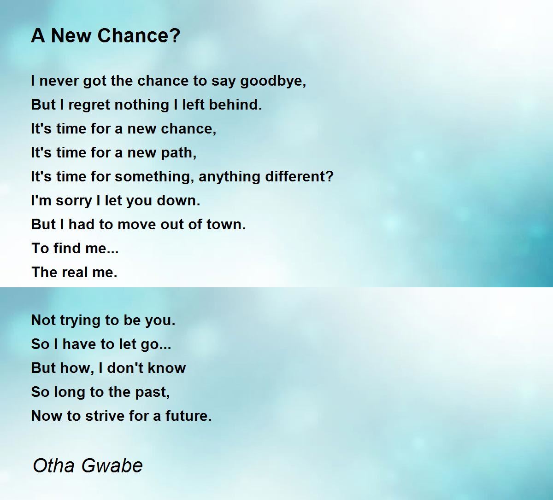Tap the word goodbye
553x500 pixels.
273,81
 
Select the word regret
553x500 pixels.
89,105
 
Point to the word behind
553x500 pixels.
235,105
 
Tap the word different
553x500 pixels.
300,176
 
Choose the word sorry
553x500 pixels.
74,201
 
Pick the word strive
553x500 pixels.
106,416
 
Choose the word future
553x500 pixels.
188,416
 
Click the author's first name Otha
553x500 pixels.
54,466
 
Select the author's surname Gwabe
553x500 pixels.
112,466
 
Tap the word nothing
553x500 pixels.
141,105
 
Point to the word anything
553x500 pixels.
229,177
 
